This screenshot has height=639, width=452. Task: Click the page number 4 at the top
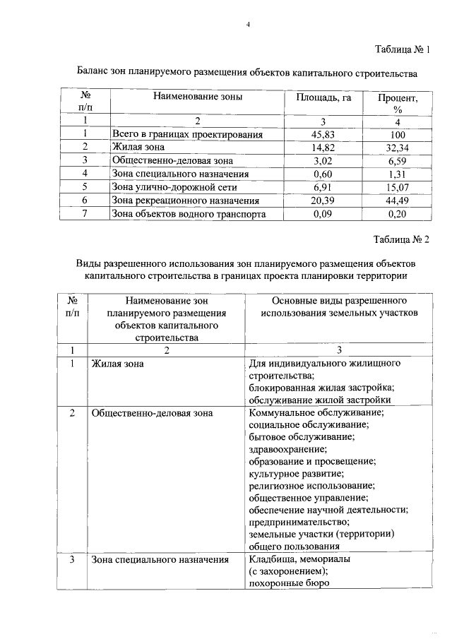(x=248, y=25)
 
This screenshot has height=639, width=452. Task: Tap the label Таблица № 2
(x=400, y=239)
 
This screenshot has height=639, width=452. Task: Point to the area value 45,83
(x=322, y=134)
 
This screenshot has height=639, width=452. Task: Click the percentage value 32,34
(x=396, y=147)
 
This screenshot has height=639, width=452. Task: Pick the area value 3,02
(x=322, y=160)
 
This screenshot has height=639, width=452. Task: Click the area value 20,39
(x=322, y=201)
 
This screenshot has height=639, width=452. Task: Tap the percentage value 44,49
(x=396, y=201)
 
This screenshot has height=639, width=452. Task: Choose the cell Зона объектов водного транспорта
(x=189, y=214)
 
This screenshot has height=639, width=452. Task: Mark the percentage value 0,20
(x=396, y=214)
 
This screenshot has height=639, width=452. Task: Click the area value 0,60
(x=322, y=174)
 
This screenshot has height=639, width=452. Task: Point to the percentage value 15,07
(x=396, y=187)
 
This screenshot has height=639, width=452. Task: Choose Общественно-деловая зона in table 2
(x=152, y=412)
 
